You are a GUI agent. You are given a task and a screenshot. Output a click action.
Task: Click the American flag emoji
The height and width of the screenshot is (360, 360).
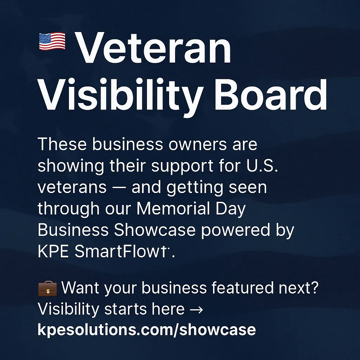click(x=52, y=41)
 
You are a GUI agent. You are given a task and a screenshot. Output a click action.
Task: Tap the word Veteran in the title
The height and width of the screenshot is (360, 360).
click(x=153, y=48)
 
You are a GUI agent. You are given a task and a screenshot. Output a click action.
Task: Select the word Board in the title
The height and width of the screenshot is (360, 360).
click(x=270, y=95)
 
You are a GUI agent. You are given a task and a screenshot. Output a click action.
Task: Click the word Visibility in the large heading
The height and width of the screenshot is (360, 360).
click(x=121, y=97)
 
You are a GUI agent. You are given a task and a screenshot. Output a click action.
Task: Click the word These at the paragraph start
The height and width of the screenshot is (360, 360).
click(x=62, y=144)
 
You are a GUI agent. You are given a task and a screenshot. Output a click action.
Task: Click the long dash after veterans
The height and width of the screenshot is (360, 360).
click(x=119, y=188)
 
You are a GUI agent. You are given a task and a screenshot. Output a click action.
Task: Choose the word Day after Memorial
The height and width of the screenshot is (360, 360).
click(x=231, y=210)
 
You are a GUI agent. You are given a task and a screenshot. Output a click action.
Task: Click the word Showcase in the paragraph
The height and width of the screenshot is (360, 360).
click(x=155, y=230)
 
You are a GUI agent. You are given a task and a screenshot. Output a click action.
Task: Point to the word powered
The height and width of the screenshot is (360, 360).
click(x=236, y=231)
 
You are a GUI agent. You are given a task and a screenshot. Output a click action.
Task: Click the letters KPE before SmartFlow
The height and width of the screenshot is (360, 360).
click(x=53, y=251)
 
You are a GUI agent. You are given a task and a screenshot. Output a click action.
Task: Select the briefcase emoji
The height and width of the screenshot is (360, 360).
click(x=47, y=288)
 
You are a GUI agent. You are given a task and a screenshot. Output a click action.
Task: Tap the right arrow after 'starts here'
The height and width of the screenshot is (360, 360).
click(x=196, y=309)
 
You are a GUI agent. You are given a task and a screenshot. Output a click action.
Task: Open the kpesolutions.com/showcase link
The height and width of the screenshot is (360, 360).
click(x=147, y=330)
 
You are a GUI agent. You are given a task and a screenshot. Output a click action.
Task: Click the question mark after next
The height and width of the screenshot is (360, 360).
click(x=315, y=287)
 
